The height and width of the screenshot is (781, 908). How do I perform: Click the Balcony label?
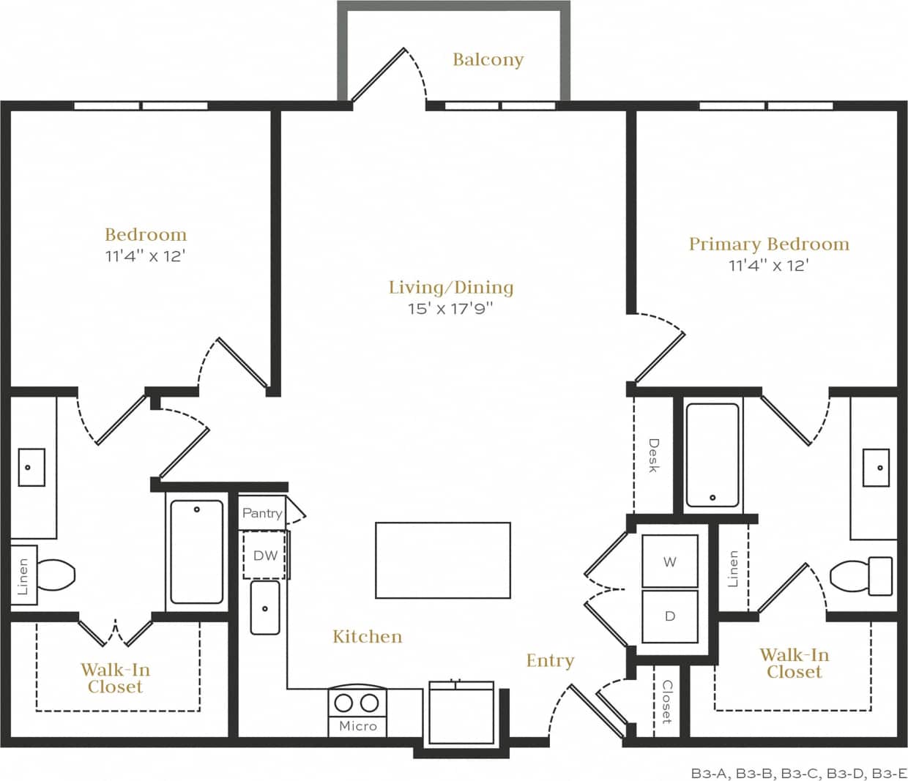tap(488, 59)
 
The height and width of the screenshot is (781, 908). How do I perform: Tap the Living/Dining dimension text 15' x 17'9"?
tap(450, 309)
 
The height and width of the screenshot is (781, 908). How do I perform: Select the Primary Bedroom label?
tap(769, 244)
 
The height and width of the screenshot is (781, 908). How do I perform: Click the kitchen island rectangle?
tap(442, 560)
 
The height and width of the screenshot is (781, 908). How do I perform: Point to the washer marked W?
tap(669, 561)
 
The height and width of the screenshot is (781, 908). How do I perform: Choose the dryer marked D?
tap(669, 616)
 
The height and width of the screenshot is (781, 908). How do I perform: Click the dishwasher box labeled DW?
tap(265, 555)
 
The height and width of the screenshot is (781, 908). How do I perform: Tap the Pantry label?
tap(262, 513)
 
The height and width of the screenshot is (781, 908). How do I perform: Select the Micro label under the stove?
tap(357, 725)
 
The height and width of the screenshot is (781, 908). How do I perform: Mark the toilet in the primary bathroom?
tap(861, 575)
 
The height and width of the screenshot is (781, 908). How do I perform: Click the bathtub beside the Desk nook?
tap(712, 455)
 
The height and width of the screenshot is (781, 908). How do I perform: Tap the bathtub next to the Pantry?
tap(196, 551)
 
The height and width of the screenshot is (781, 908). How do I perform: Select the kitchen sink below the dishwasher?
tap(264, 608)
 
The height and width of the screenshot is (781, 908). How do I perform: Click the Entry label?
tap(549, 660)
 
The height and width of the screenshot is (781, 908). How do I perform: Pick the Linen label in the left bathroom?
tap(23, 576)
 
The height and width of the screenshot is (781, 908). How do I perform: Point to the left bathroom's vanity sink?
tap(29, 467)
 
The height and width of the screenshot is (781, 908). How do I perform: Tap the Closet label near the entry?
tap(666, 701)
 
